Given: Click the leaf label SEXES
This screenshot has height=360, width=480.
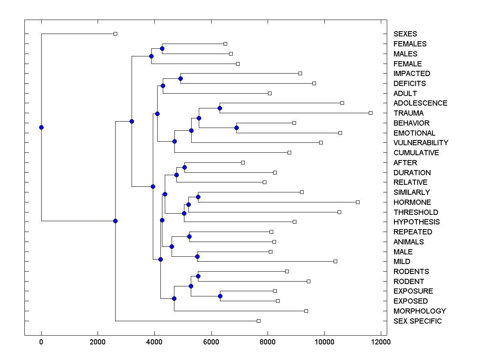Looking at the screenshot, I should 405,34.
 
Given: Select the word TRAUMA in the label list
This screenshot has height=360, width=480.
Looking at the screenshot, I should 408,113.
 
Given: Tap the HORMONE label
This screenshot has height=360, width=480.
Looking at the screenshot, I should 412,202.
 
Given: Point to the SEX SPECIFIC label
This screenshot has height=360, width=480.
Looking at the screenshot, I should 418,321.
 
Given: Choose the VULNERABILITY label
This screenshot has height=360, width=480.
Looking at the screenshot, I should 421,143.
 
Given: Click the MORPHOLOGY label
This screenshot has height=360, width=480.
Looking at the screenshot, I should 420,311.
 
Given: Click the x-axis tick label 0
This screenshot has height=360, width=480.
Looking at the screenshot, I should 41,342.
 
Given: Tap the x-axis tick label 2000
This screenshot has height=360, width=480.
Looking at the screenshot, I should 98,342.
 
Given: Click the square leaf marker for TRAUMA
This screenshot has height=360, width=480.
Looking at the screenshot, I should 370,113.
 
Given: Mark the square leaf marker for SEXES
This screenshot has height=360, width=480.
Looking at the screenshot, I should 115,34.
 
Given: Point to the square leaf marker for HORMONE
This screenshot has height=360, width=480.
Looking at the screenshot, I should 358,202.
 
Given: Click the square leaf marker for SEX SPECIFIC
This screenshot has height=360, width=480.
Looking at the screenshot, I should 258,321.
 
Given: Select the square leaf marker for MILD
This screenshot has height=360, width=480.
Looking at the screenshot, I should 335,262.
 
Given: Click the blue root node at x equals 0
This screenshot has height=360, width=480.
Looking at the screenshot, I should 41,128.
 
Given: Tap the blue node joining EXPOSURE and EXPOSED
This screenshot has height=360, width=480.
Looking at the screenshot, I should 220,296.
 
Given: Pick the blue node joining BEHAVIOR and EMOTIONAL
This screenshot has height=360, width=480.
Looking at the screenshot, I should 236,128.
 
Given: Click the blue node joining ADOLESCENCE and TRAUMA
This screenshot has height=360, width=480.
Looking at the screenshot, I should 220,108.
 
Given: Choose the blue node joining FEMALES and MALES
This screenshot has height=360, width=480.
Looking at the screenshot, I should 162,49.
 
